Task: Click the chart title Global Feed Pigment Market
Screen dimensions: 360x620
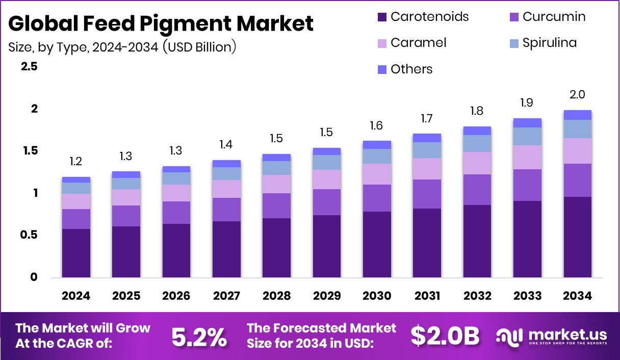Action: tap(161, 23)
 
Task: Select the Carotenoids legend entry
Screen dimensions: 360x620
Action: tap(423, 16)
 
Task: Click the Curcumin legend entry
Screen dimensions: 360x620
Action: tap(547, 16)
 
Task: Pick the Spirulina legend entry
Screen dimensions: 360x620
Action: tap(542, 43)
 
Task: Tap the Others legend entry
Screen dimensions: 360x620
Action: tap(405, 69)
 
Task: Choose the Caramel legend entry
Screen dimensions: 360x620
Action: tap(412, 43)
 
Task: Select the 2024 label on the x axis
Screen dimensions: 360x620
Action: tap(76, 296)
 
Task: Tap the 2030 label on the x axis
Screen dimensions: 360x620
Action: tap(377, 296)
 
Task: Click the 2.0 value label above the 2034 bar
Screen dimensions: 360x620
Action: tap(577, 94)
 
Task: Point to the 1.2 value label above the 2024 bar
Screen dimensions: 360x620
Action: tap(76, 162)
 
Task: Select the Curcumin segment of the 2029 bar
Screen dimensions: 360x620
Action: tap(326, 202)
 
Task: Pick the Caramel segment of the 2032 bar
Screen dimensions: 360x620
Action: tap(477, 163)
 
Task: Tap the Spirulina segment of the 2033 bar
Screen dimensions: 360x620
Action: tap(527, 136)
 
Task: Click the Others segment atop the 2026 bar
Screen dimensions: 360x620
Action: tap(176, 169)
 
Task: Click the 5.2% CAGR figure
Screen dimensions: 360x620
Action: tap(199, 337)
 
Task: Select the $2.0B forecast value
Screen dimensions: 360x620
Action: tap(445, 336)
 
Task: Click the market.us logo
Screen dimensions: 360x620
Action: tap(552, 336)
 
